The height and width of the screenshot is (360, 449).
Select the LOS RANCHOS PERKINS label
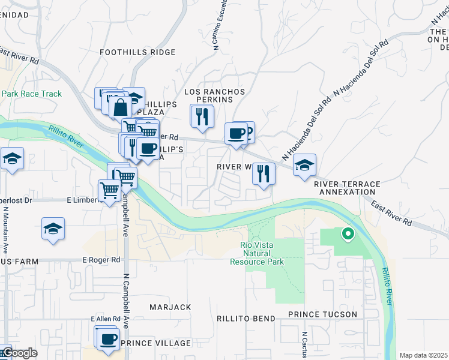point(206,97)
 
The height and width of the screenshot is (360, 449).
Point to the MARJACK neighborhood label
point(170,307)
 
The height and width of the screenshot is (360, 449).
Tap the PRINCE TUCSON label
point(322,314)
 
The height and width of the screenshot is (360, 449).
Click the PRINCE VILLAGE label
point(155,343)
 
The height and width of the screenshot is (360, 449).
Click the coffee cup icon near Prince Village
point(108,338)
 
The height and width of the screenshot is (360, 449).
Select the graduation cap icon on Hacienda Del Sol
point(304,164)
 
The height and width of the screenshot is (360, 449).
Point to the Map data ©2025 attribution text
point(423,355)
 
